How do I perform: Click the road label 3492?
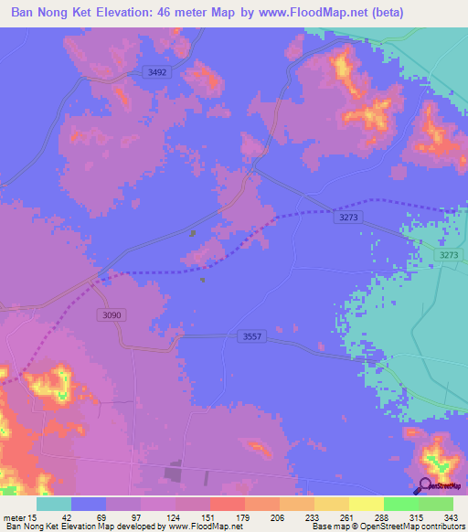(157, 72)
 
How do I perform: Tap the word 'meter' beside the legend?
(15, 516)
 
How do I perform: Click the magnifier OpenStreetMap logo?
(426, 487)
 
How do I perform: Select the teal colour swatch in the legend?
(54, 504)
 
